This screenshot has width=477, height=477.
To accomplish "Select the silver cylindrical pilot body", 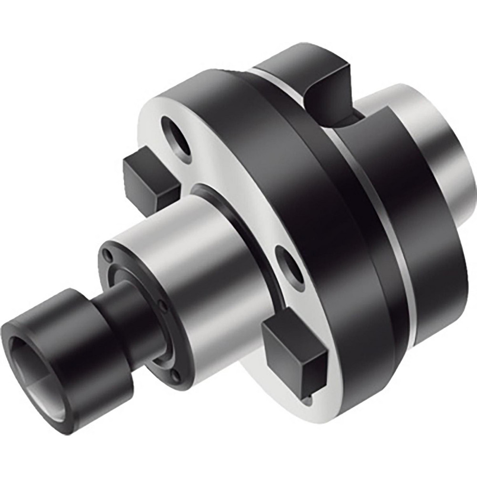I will click(x=200, y=267).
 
